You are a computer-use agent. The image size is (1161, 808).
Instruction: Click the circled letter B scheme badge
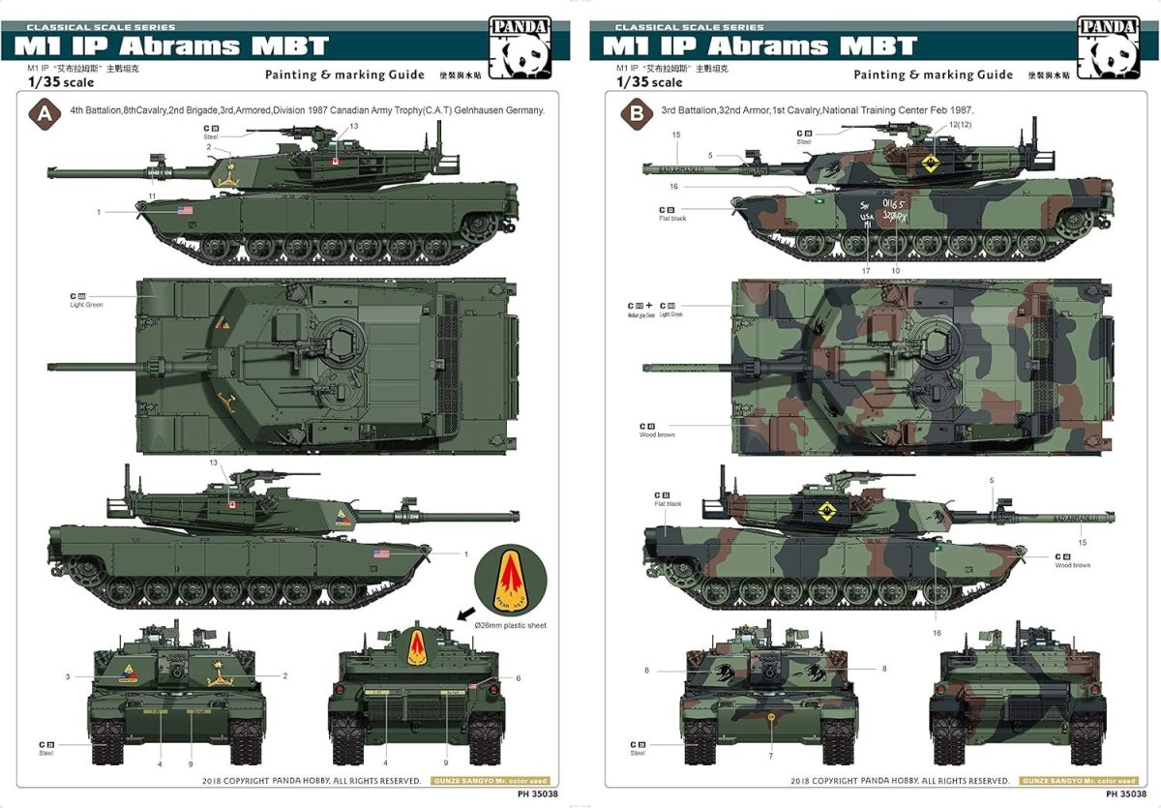click(635, 111)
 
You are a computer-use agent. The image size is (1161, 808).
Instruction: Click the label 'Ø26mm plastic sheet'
click(510, 626)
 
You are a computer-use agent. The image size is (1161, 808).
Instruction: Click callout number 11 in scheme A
click(152, 196)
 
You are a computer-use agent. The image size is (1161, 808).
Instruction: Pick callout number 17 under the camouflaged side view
click(866, 271)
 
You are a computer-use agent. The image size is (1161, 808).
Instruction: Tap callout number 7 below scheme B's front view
click(770, 756)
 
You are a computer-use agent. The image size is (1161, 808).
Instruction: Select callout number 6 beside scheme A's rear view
click(518, 678)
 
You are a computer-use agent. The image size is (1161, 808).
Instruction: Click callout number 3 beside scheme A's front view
click(68, 676)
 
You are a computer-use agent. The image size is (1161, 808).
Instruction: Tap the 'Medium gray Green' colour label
click(640, 314)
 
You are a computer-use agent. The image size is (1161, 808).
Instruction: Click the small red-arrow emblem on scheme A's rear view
click(418, 645)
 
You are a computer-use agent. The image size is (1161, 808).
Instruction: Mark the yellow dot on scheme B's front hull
click(770, 717)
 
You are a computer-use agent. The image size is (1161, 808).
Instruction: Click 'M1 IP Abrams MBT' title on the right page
click(759, 45)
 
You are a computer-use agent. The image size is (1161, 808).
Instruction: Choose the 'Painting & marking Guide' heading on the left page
click(344, 75)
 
